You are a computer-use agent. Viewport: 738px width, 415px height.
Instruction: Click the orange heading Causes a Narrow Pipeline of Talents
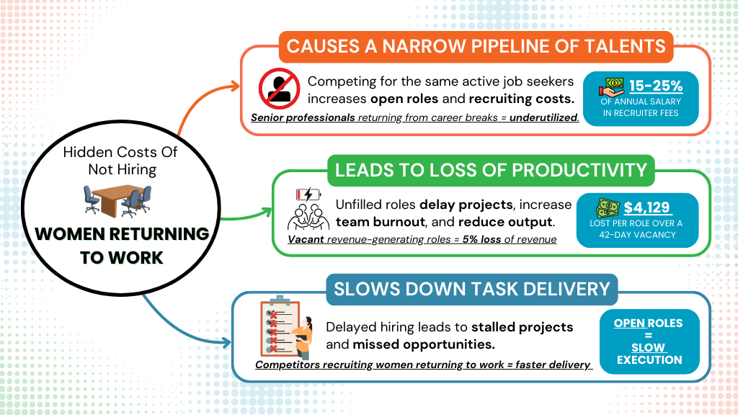[x=476, y=47]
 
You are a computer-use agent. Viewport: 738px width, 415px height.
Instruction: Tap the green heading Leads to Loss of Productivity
[x=491, y=170]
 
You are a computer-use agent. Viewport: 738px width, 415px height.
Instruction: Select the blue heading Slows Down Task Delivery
[x=471, y=289]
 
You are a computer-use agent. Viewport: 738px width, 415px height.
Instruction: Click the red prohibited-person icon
[x=279, y=89]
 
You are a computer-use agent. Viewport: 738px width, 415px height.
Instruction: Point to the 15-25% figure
[x=656, y=86]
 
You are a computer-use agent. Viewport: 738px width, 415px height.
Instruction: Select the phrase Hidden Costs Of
[x=120, y=152]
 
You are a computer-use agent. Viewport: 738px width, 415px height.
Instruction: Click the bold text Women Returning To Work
[x=122, y=246]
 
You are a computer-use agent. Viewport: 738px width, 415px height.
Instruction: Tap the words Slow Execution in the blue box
[x=649, y=353]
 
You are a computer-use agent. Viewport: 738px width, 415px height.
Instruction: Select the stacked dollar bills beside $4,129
[x=608, y=208]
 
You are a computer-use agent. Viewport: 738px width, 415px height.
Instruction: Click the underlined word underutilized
[x=544, y=117]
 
